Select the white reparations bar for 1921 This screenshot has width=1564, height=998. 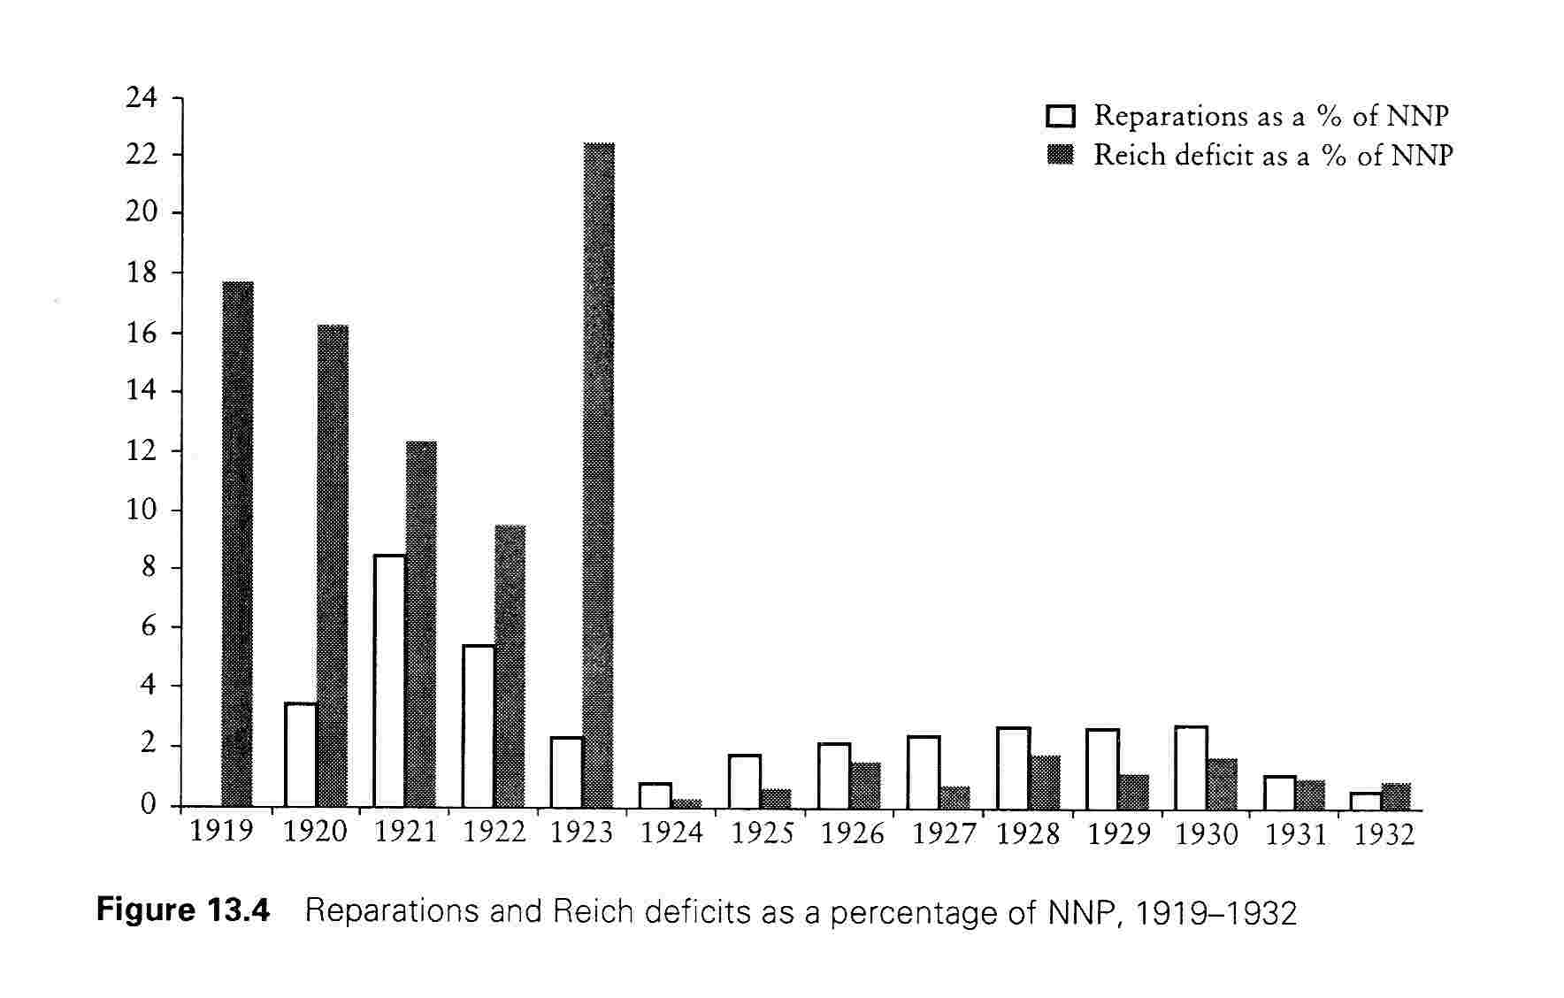pos(389,680)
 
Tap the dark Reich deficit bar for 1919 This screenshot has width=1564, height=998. pos(238,544)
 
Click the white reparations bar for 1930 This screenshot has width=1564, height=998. pos(1191,767)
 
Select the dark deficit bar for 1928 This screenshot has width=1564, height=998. pos(1045,782)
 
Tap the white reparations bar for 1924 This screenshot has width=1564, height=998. pos(655,795)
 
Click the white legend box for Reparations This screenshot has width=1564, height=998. pos(1060,116)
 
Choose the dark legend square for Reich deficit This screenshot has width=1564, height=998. pos(1060,156)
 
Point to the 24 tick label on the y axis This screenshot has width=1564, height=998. pos(142,97)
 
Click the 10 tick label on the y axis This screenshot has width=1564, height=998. pos(142,510)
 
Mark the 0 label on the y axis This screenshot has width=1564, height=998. pos(149,805)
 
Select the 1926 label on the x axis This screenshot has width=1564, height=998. pos(852,834)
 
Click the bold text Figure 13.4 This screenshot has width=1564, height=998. pos(183,910)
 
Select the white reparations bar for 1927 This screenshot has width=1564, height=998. pos(924,772)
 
